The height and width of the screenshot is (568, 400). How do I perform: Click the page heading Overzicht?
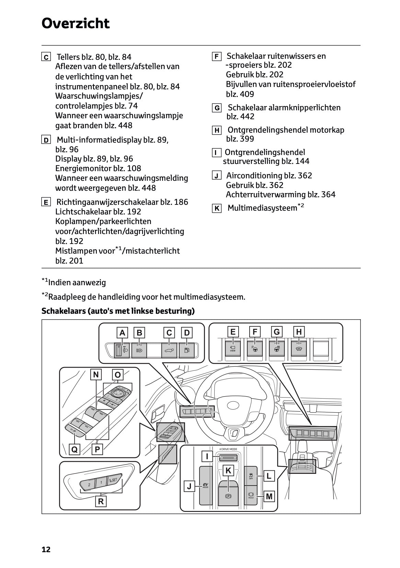click(x=76, y=23)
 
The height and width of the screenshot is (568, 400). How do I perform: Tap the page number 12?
click(x=46, y=549)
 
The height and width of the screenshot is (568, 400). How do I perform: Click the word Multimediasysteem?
click(x=262, y=208)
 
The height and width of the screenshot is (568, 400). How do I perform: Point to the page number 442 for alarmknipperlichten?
click(x=247, y=116)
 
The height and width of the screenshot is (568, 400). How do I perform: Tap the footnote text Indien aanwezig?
click(x=77, y=282)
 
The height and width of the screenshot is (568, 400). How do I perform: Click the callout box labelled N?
click(x=96, y=375)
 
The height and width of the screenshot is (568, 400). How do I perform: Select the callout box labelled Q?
click(x=75, y=449)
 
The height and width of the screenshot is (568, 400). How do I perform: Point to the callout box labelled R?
click(x=101, y=501)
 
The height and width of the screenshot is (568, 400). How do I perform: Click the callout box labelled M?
click(x=269, y=496)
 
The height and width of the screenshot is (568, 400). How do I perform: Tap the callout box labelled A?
click(x=122, y=333)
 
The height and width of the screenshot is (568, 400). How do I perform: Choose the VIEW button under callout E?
click(x=232, y=349)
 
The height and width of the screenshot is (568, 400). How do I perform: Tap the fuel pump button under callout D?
click(x=187, y=350)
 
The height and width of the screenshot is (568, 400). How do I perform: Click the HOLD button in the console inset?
click(x=251, y=495)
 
